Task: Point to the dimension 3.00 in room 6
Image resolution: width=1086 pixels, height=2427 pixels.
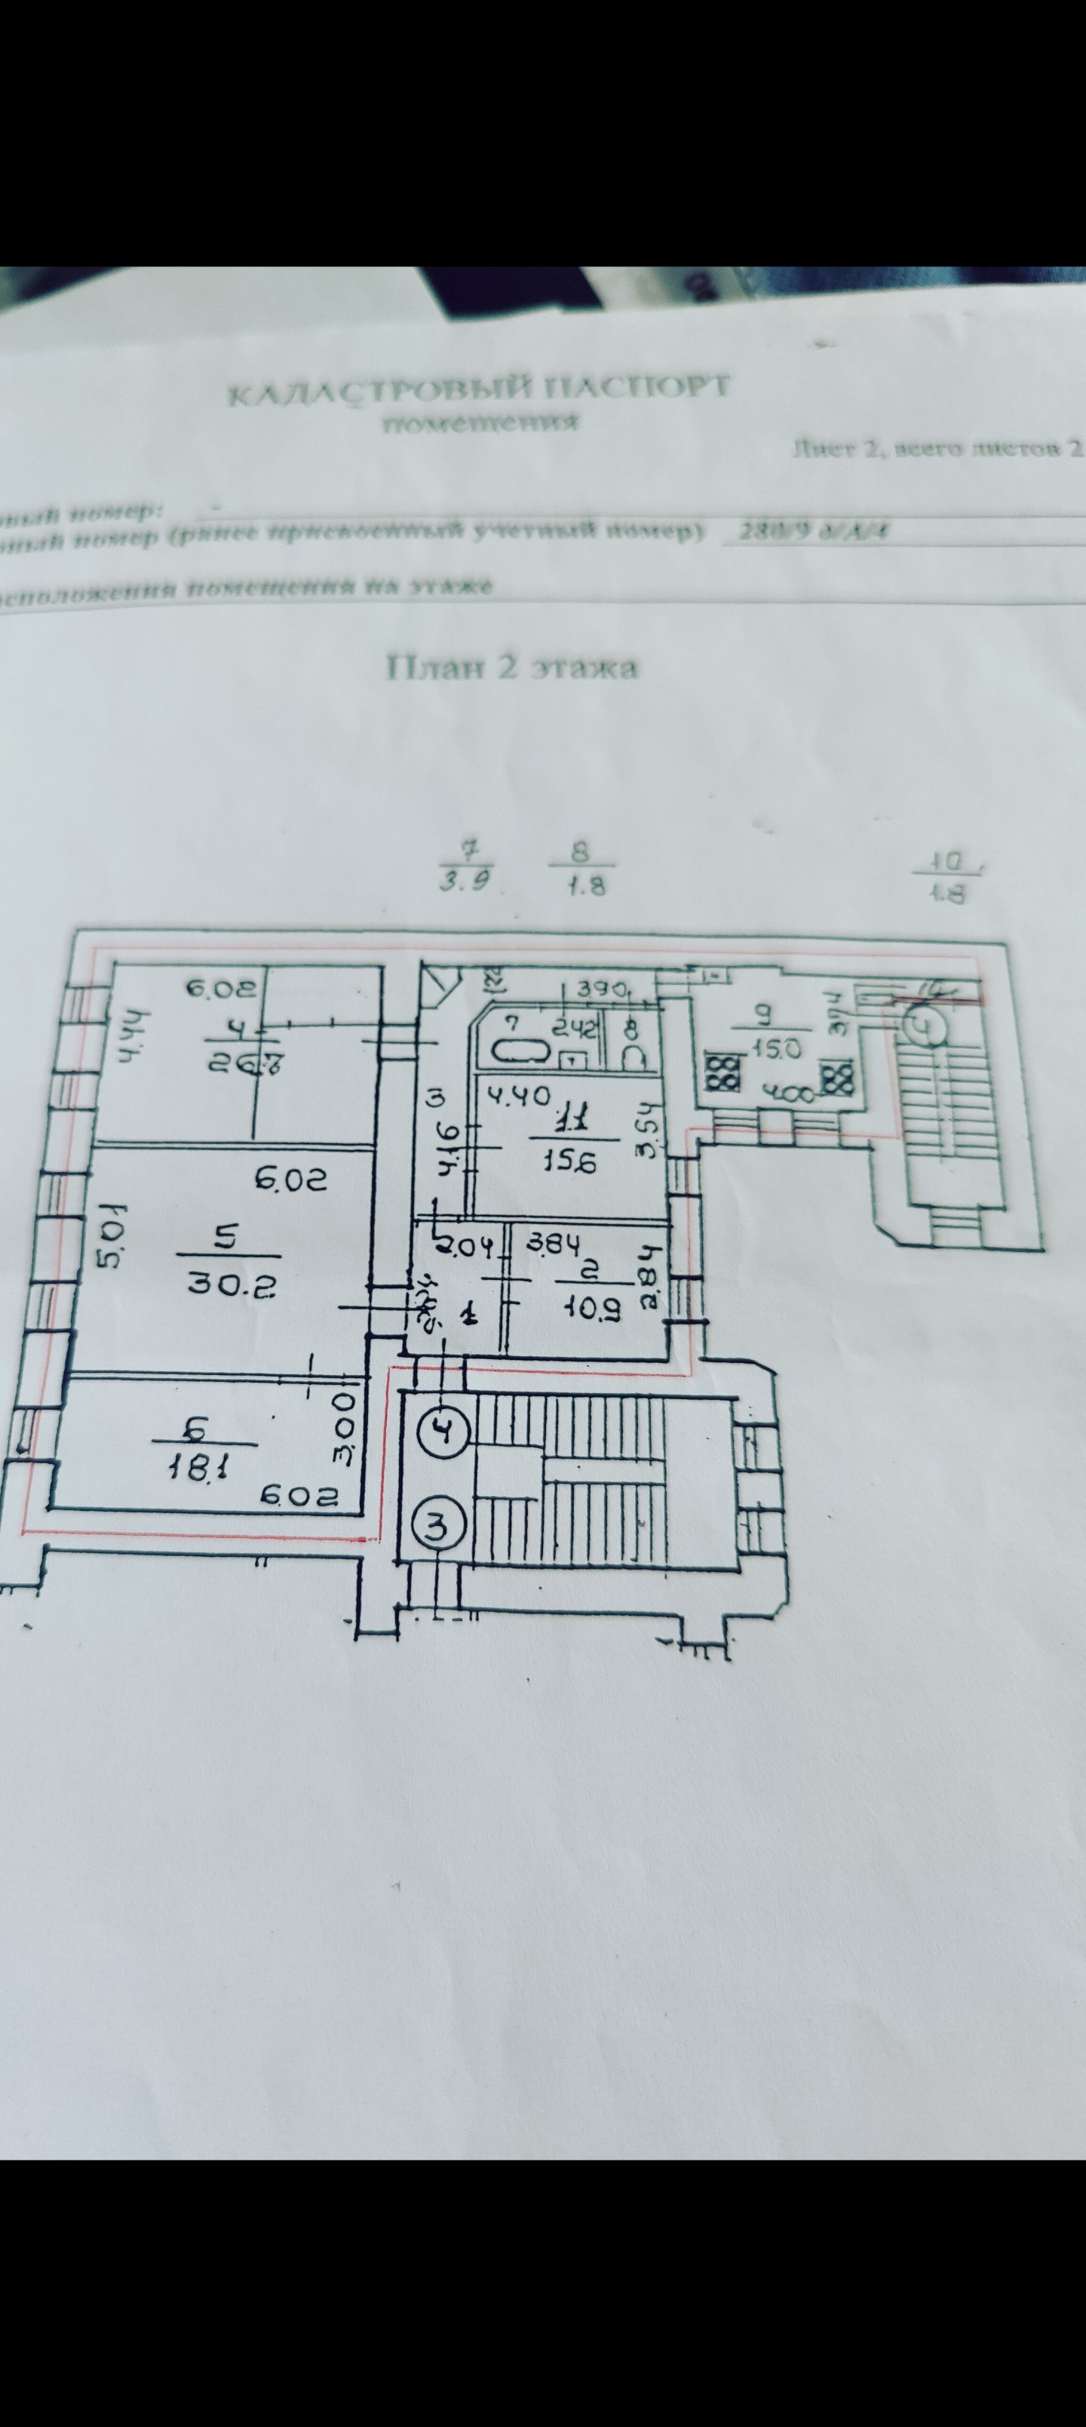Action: coord(344,1442)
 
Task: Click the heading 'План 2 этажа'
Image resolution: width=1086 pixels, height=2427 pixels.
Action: coord(512,667)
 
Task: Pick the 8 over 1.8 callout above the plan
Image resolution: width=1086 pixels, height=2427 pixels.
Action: coord(581,869)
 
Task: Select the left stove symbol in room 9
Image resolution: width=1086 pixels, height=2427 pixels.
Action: coord(722,1074)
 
